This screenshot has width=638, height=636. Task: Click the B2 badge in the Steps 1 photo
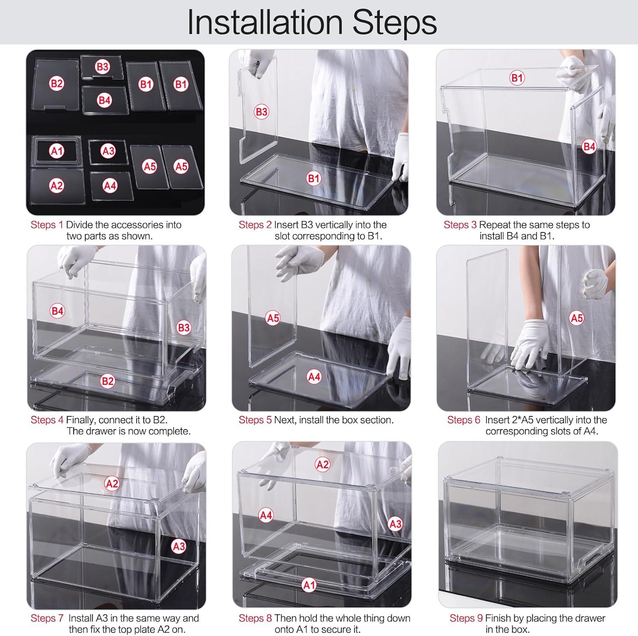pos(57,83)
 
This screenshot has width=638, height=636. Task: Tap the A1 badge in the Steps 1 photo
pos(57,151)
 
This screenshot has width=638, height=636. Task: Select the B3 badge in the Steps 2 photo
pos(261,112)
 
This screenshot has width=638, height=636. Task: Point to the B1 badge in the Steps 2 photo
pos(313,178)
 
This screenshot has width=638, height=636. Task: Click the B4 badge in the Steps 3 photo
pos(589,147)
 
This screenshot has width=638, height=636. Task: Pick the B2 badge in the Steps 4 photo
pos(108,381)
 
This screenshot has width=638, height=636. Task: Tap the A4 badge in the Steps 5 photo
pos(314,377)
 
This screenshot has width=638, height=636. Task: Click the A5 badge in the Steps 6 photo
pos(577,318)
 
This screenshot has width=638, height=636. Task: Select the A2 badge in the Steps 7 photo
pos(112,484)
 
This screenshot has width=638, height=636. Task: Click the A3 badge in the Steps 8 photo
pos(396,524)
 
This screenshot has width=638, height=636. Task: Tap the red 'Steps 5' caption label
pos(255,420)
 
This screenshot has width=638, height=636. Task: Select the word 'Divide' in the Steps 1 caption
pos(80,225)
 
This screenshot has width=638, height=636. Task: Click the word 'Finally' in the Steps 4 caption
pos(81,420)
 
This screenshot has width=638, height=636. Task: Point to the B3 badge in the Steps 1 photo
pos(103,67)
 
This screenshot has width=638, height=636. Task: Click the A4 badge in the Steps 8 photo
pos(266,516)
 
